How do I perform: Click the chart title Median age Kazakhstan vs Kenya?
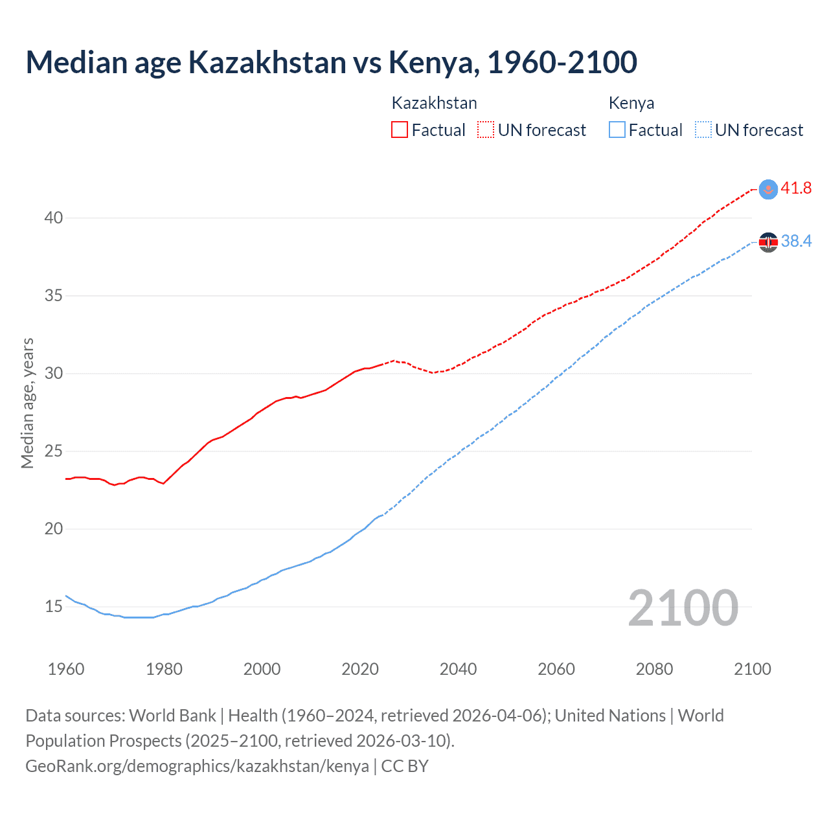point(331,62)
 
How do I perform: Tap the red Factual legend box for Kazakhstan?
point(400,130)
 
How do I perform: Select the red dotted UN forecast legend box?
point(486,130)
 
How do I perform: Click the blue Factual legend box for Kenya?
point(617,130)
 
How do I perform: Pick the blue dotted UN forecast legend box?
point(703,130)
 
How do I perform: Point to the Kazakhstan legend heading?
point(434,103)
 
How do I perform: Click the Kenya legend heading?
point(631,103)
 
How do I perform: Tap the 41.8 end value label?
point(796,188)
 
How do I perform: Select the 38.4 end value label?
point(796,242)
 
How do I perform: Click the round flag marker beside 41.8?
point(768,189)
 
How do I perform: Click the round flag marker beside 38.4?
point(768,242)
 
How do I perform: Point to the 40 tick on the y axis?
point(54,218)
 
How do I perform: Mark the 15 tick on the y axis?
point(54,607)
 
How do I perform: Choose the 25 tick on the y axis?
point(54,451)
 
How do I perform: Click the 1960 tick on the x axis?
point(66,669)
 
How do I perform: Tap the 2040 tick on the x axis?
point(458,669)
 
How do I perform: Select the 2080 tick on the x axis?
point(654,669)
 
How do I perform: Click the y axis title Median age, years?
point(27,403)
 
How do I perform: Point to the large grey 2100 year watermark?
point(683,608)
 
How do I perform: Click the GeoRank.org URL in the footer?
point(197,766)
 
